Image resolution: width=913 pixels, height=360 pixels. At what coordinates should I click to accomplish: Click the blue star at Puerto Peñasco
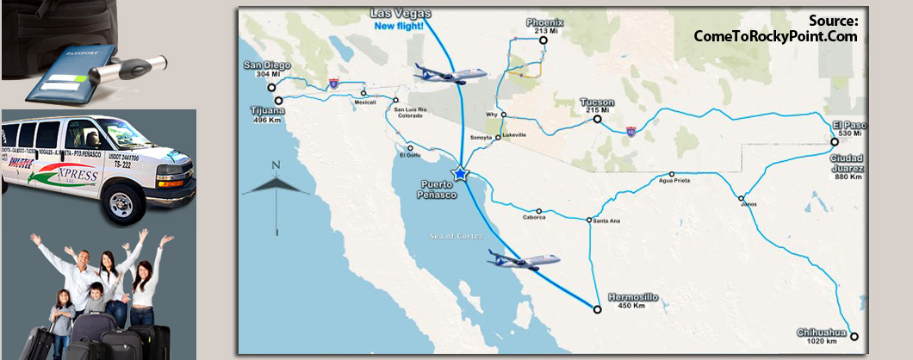pyautogui.click(x=462, y=174)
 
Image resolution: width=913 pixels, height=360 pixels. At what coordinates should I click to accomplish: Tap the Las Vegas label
pyautogui.click(x=400, y=14)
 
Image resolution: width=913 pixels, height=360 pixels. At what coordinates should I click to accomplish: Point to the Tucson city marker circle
pyautogui.click(x=596, y=120)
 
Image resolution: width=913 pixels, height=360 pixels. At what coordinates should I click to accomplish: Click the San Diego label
pyautogui.click(x=267, y=65)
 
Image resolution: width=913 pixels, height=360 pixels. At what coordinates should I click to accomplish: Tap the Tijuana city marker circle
pyautogui.click(x=277, y=100)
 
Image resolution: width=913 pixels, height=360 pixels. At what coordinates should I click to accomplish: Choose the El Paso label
pyautogui.click(x=848, y=125)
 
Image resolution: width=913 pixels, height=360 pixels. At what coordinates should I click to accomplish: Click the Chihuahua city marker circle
pyautogui.click(x=854, y=336)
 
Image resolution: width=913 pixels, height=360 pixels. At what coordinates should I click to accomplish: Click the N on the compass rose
pyautogui.click(x=275, y=164)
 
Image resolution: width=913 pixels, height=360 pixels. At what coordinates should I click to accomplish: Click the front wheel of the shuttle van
pyautogui.click(x=120, y=208)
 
